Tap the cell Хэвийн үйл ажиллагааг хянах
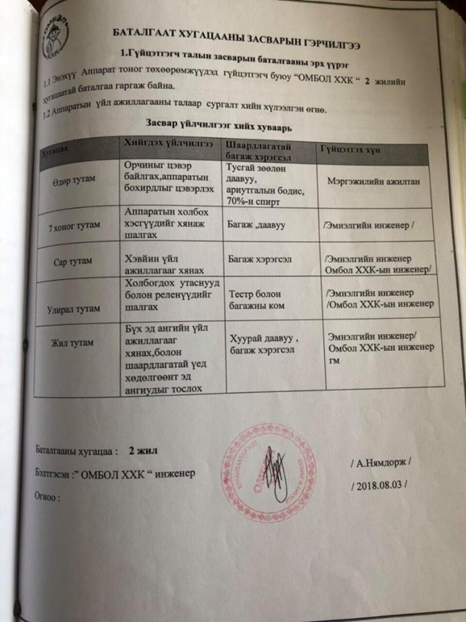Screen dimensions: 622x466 click(x=158, y=264)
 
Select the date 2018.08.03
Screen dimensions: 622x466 click(x=380, y=485)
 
